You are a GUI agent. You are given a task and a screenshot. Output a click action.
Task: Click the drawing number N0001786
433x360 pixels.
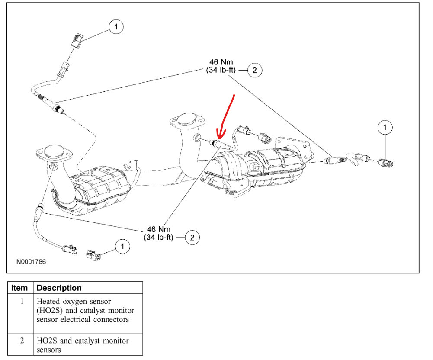click(31, 262)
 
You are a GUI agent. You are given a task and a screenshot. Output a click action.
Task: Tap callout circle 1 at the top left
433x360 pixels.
click(115, 27)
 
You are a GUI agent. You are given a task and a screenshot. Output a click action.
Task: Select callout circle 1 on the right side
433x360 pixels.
click(385, 127)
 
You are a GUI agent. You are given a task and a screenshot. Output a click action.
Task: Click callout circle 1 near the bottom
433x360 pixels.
click(122, 246)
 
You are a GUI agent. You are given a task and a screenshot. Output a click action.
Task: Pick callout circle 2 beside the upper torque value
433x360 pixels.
click(255, 70)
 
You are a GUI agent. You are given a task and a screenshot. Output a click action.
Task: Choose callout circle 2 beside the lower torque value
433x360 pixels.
click(192, 237)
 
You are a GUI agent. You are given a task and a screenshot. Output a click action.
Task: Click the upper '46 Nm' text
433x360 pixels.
click(220, 62)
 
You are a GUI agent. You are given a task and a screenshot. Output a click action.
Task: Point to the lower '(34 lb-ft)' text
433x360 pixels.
click(158, 237)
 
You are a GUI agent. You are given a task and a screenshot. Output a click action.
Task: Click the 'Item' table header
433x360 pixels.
click(19, 288)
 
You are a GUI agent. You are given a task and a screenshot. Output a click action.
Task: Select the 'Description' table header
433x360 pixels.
click(59, 288)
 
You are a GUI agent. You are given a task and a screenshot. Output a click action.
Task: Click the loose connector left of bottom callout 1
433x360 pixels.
click(93, 255)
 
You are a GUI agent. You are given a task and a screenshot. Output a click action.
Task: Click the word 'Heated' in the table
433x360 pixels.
click(48, 301)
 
